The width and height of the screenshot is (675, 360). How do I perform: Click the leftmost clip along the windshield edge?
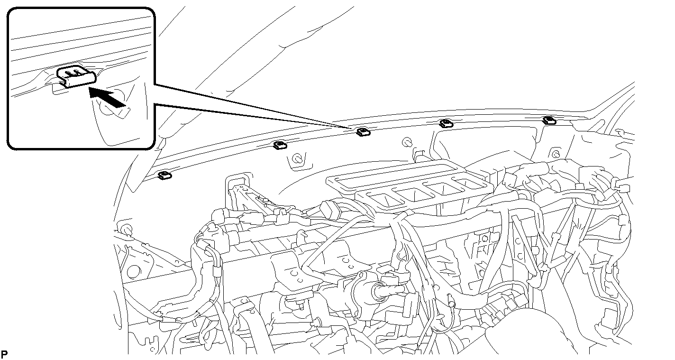pyautogui.click(x=164, y=175)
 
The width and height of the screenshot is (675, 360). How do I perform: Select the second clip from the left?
pyautogui.click(x=280, y=145)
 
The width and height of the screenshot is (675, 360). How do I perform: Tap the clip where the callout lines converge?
pyautogui.click(x=363, y=131)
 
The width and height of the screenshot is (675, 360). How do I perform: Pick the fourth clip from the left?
pyautogui.click(x=446, y=123)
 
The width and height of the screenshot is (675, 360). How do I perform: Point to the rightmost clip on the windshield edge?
pyautogui.click(x=549, y=120)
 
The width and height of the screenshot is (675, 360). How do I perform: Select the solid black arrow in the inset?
pyautogui.click(x=107, y=96)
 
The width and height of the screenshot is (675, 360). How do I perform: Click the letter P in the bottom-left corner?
pyautogui.click(x=4, y=354)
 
